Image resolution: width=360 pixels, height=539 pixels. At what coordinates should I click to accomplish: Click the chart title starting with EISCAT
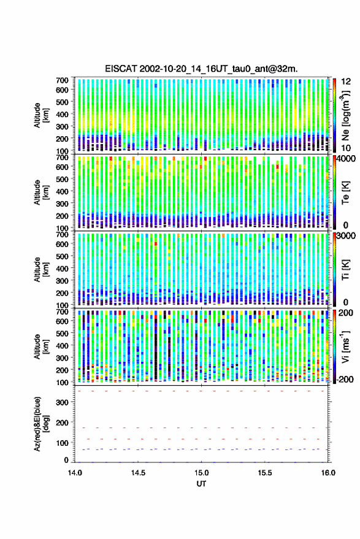tap(201, 69)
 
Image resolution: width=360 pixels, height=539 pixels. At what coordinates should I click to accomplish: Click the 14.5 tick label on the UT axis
tap(138, 473)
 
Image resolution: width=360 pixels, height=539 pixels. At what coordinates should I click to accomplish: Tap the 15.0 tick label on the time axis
tap(201, 473)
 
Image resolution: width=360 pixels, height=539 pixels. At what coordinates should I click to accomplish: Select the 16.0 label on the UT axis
tap(328, 473)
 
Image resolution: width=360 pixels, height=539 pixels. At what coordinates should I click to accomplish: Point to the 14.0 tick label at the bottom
tap(75, 473)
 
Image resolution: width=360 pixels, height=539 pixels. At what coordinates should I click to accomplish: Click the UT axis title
tap(201, 484)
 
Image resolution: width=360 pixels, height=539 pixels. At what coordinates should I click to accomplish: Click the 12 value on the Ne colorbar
tap(346, 82)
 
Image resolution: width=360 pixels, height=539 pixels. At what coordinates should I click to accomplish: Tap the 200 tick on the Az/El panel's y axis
tap(62, 422)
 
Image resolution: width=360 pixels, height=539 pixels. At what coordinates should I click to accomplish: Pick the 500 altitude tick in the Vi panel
tap(62, 333)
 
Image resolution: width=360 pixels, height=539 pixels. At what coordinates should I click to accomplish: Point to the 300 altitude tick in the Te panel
tap(62, 204)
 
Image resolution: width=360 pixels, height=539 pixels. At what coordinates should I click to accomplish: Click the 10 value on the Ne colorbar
tap(346, 148)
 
